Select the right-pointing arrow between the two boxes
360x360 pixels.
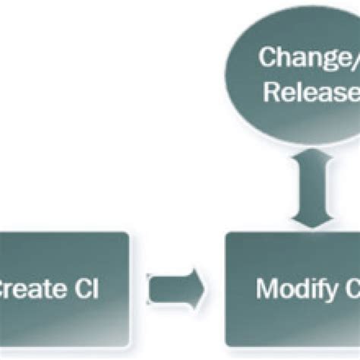tap(176, 287)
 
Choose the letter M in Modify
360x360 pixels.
tap(267, 289)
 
